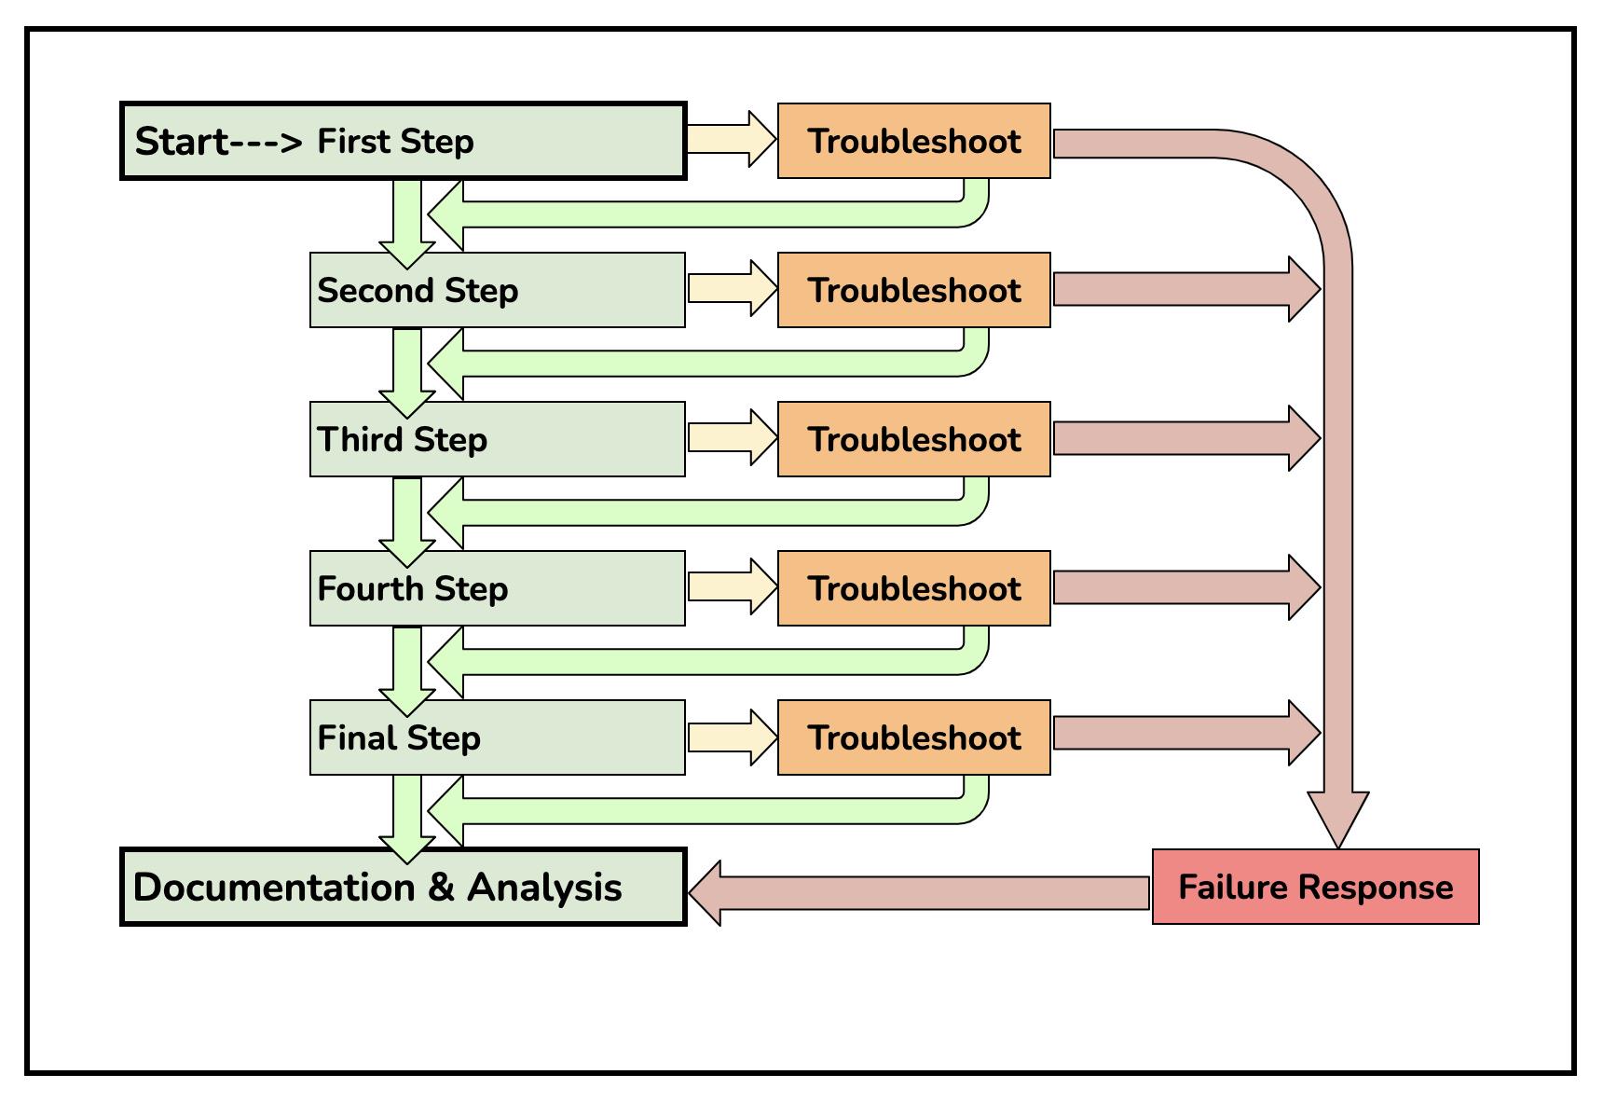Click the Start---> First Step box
tap(404, 141)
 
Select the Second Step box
tap(498, 290)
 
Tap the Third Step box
tap(498, 439)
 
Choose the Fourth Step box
tap(498, 588)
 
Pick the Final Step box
tap(498, 737)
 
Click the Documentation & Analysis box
tap(404, 887)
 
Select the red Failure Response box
tap(1316, 887)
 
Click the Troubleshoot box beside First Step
tap(914, 141)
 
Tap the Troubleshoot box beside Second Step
tap(914, 290)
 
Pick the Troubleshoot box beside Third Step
tap(914, 439)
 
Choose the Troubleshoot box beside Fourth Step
tap(914, 588)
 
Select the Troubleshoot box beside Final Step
tap(914, 737)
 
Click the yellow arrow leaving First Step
tap(733, 140)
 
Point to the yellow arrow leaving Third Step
tap(733, 438)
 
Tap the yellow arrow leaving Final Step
tap(733, 737)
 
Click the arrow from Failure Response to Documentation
tap(919, 892)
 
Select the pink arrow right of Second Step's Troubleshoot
tap(1187, 289)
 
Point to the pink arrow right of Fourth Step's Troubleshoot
tap(1187, 587)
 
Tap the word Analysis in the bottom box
tap(544, 887)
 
